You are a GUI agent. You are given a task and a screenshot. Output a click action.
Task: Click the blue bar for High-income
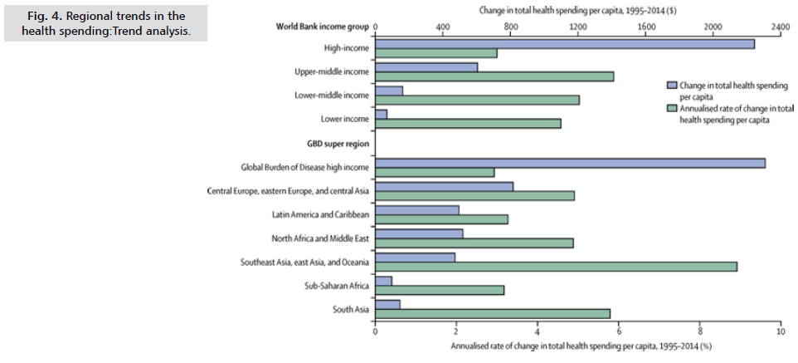[565, 43]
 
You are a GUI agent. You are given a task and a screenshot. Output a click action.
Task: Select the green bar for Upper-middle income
[494, 76]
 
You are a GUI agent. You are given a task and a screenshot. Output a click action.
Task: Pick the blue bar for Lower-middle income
[389, 91]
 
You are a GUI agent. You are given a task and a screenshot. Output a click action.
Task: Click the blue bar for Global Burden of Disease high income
[571, 164]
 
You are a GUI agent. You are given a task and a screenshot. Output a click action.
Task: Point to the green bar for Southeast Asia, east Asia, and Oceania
[556, 267]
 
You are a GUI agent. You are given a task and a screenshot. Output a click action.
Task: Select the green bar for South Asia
[493, 313]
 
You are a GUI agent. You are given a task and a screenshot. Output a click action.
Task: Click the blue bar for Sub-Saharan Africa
[384, 281]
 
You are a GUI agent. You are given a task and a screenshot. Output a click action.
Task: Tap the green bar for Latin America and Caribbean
[441, 219]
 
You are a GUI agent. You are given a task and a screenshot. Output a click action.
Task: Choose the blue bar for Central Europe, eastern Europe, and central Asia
[444, 186]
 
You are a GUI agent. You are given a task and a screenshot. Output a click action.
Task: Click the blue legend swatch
[673, 85]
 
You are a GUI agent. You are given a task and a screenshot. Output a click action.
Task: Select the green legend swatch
[673, 108]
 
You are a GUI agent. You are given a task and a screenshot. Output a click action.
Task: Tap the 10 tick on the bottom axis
[780, 331]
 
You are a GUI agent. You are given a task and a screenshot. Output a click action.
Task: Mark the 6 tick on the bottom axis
[618, 331]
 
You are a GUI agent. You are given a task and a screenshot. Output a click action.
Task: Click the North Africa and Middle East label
[320, 238]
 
